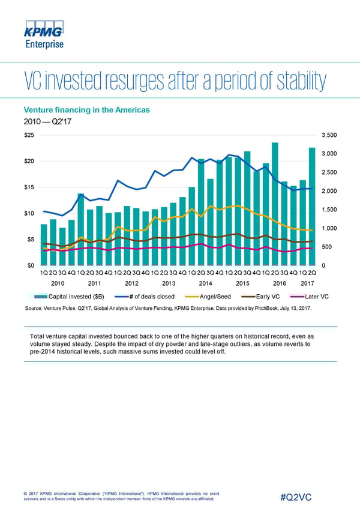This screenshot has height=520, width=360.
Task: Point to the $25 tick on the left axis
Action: point(29,135)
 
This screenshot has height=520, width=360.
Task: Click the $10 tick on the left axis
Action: point(29,213)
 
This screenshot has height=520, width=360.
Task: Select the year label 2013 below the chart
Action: point(169,283)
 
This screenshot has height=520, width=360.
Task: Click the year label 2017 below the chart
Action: point(307,283)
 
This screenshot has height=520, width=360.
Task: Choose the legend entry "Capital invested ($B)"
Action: point(70,297)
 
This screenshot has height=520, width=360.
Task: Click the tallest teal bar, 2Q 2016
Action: point(275,204)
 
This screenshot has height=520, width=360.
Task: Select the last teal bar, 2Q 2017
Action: point(312,207)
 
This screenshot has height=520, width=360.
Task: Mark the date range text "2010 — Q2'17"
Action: point(44,122)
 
